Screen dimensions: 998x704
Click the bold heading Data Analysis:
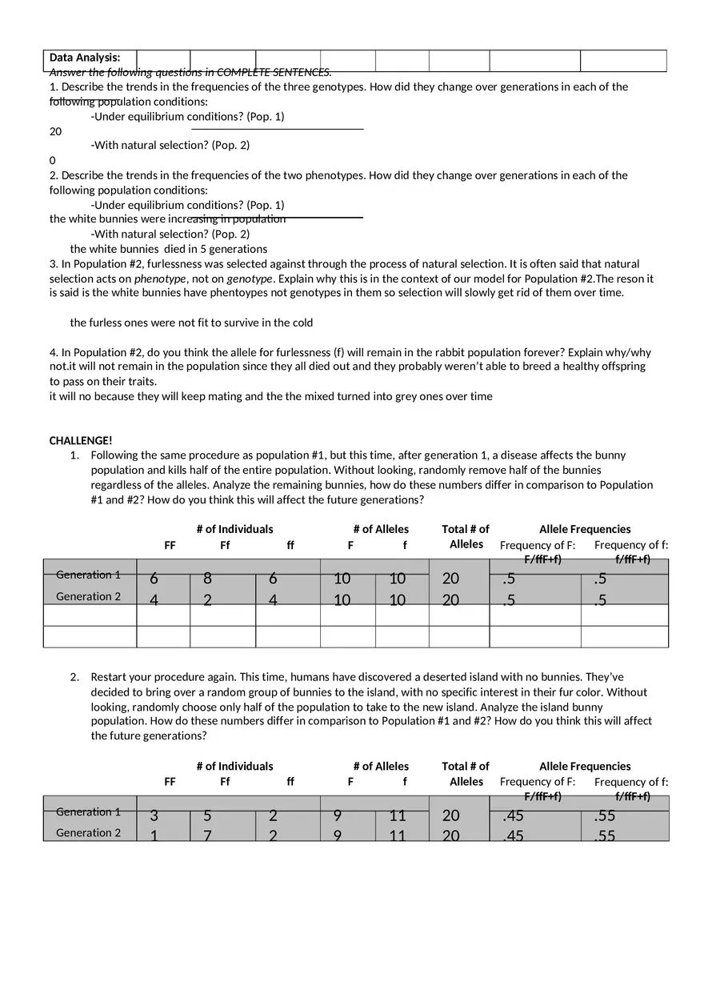tap(85, 58)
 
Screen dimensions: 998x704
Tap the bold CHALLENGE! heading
tap(81, 440)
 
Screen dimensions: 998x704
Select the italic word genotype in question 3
tap(250, 279)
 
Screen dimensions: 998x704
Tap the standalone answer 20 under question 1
tap(55, 131)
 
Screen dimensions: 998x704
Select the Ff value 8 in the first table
tap(207, 579)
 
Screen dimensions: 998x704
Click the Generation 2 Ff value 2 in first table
tap(207, 599)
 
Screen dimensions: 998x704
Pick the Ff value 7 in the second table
tap(207, 836)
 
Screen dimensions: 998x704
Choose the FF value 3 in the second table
tap(154, 816)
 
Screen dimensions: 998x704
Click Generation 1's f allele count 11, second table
tap(398, 816)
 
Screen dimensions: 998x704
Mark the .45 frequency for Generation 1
tap(513, 816)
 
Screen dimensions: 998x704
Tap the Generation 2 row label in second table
tap(89, 833)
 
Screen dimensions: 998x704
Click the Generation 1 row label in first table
tap(89, 575)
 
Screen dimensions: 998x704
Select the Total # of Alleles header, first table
tap(466, 536)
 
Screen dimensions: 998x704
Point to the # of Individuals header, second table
tap(234, 766)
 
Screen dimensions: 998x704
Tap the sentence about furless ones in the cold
tap(191, 323)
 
